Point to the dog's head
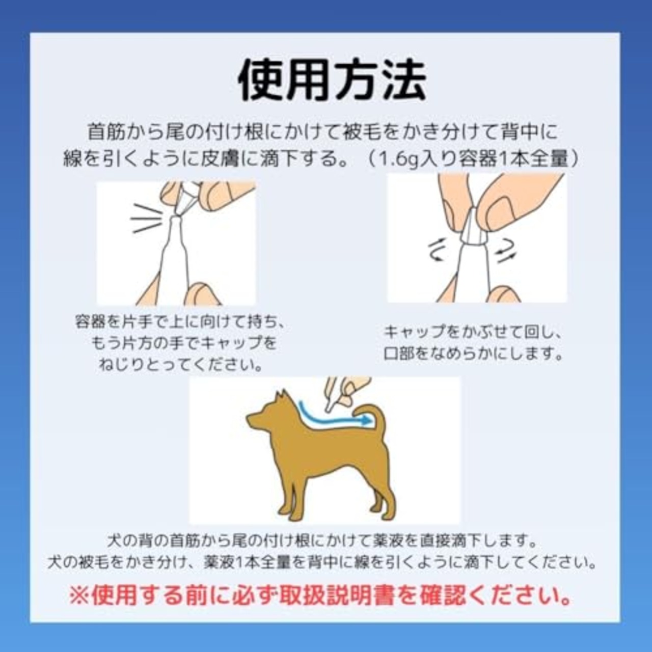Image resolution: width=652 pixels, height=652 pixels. (x=267, y=415)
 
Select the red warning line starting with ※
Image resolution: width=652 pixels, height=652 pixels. (x=320, y=595)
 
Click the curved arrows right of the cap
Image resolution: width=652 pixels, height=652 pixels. (x=506, y=251)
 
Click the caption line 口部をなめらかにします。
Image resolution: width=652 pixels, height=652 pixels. (x=473, y=354)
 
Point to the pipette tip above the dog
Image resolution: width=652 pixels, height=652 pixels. (x=331, y=405)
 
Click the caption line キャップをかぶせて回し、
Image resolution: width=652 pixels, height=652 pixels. (x=473, y=332)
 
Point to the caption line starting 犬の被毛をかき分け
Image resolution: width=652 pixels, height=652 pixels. (x=322, y=562)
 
